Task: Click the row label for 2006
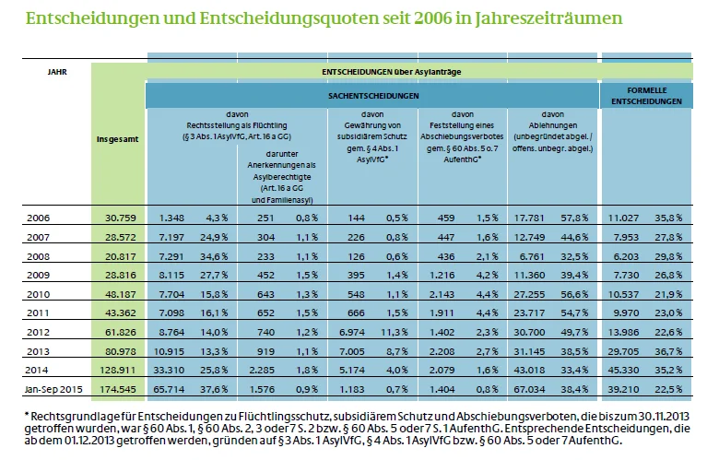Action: [38, 218]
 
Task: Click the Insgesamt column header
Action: [118, 140]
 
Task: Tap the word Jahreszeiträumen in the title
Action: [546, 18]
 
